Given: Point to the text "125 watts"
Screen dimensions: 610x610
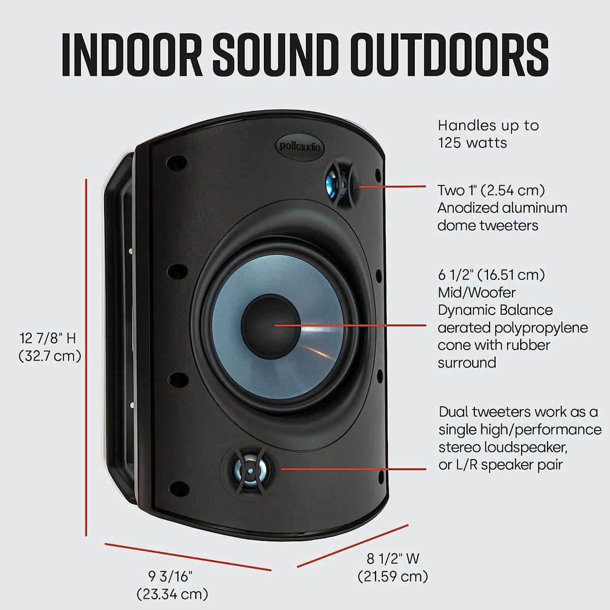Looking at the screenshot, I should click(472, 143).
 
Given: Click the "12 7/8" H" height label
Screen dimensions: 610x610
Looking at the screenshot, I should click(47, 338).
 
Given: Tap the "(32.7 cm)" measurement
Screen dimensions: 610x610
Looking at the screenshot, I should click(50, 355).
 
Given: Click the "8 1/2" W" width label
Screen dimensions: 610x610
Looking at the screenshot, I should click(393, 559).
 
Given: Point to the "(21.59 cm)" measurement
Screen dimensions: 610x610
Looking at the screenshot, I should click(392, 576).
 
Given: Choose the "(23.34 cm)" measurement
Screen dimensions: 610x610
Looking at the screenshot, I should click(172, 593).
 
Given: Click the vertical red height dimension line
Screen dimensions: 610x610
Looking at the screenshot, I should click(86, 356).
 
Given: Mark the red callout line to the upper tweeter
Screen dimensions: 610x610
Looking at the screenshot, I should click(391, 187).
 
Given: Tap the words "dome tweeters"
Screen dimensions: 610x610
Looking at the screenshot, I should click(487, 225).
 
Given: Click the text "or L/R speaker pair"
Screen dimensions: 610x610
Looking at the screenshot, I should click(501, 465).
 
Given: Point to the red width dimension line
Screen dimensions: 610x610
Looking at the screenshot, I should click(352, 546).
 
